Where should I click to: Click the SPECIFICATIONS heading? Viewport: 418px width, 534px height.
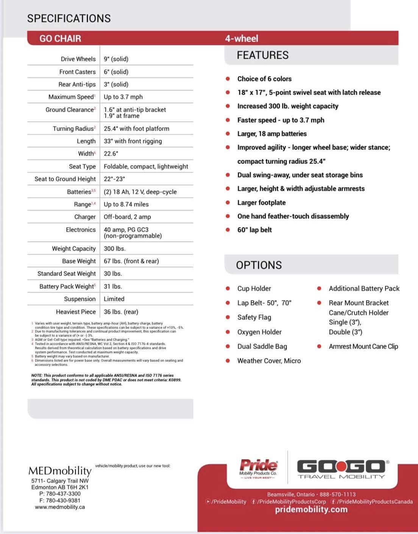point(69,18)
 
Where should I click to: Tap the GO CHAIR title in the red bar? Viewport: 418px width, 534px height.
point(60,39)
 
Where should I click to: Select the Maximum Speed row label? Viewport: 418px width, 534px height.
point(72,97)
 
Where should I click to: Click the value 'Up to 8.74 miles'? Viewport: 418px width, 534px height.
point(126,204)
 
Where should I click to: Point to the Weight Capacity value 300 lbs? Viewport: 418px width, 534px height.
point(114,249)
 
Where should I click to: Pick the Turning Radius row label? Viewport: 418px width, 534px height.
point(74,129)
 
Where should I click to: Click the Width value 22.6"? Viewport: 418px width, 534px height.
point(111,154)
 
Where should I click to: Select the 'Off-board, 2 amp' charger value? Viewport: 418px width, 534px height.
point(127,217)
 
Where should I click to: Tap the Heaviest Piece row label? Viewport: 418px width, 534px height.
point(76,312)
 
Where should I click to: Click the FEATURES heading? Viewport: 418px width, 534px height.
point(262,55)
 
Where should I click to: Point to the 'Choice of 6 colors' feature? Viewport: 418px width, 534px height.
point(264,79)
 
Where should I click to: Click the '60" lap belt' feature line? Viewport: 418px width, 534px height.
point(254,230)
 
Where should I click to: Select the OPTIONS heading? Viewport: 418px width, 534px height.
point(259,265)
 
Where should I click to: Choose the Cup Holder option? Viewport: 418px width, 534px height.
point(254,288)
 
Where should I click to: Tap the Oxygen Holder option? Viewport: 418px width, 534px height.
point(259,332)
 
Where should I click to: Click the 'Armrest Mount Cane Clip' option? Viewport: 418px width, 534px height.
point(363,346)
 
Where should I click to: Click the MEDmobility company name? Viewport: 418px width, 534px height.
point(60,471)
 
